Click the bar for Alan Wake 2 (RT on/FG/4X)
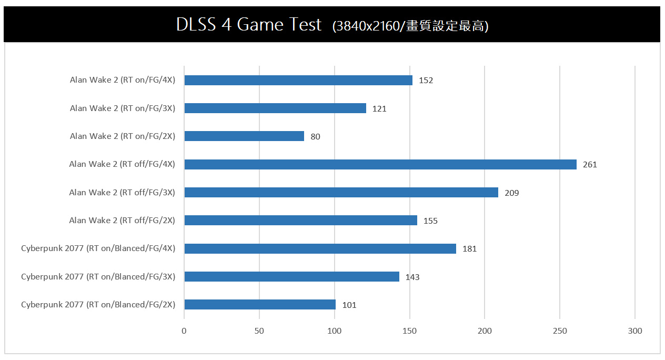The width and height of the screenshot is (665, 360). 298,80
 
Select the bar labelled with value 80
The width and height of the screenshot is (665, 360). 244,136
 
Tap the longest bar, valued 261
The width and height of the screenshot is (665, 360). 380,164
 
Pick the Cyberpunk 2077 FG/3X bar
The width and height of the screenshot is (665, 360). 291,276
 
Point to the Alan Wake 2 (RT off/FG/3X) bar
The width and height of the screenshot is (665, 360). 341,193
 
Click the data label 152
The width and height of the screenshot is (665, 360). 426,81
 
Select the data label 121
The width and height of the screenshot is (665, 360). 379,109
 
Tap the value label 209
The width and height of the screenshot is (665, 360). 511,193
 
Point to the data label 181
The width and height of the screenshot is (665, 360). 469,249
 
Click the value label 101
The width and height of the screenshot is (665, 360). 349,305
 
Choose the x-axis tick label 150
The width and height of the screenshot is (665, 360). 409,331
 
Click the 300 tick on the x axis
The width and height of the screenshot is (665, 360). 635,331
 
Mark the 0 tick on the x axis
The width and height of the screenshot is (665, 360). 184,331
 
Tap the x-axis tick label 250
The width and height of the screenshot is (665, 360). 560,331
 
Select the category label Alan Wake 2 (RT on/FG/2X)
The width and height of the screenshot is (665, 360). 123,136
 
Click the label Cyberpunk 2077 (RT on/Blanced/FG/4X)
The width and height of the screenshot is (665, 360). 98,248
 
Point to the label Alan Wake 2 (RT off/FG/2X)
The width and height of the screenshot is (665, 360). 122,221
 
